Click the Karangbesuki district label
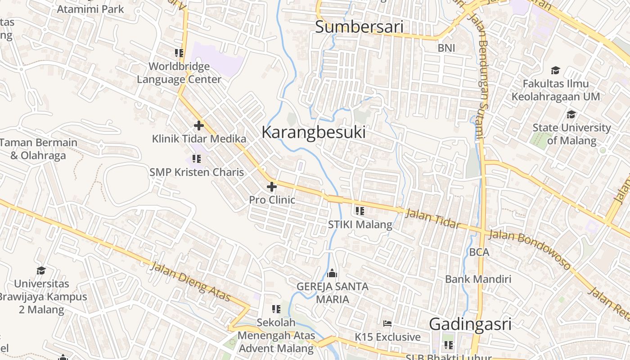tap(313, 132)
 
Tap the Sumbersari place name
tap(359, 27)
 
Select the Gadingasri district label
tap(470, 324)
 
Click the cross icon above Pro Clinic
tap(272, 186)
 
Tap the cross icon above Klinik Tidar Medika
tap(199, 126)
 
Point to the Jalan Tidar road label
tap(433, 219)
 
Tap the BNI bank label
tap(446, 48)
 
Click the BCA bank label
tap(479, 252)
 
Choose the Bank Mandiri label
tap(478, 279)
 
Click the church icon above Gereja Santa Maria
tap(332, 273)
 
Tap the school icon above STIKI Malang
tap(360, 211)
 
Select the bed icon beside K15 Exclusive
tap(387, 324)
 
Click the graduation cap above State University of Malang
tap(571, 114)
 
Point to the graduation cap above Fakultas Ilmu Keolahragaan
tap(555, 70)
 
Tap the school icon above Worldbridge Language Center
tap(179, 53)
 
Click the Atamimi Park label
tap(90, 9)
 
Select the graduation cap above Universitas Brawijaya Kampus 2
tap(41, 270)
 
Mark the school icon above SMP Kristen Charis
tap(196, 158)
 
